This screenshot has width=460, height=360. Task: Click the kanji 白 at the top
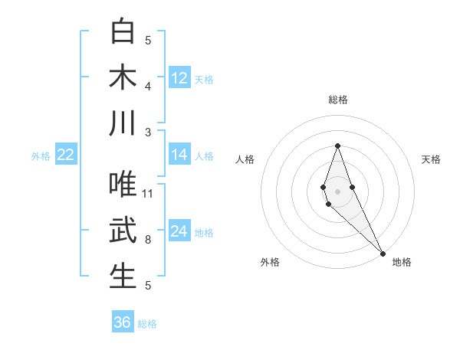pos(123,31)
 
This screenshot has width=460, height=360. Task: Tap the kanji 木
pos(123,77)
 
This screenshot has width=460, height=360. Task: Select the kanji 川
pos(123,123)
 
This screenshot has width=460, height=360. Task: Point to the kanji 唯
pos(123,185)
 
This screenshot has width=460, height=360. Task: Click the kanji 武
pos(123,231)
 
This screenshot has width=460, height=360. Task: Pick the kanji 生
pos(123,277)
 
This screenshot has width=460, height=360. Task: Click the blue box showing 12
pos(179,78)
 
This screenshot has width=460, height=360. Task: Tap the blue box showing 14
pos(179,155)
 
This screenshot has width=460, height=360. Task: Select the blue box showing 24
pos(179,231)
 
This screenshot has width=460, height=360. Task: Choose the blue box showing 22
pos(66,155)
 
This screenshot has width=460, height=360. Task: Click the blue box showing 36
pos(123,322)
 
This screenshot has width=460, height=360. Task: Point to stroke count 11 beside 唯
pos(149,194)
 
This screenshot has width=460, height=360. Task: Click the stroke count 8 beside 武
pos(149,240)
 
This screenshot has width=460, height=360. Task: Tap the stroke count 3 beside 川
pos(149,132)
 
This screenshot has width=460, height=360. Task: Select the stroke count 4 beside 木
pos(149,86)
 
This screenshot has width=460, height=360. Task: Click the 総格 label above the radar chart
pos(338,100)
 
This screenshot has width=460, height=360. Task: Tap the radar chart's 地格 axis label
pos(402,262)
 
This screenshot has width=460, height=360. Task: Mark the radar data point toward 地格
pos(383,253)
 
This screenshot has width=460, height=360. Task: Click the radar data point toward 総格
pos(338,146)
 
